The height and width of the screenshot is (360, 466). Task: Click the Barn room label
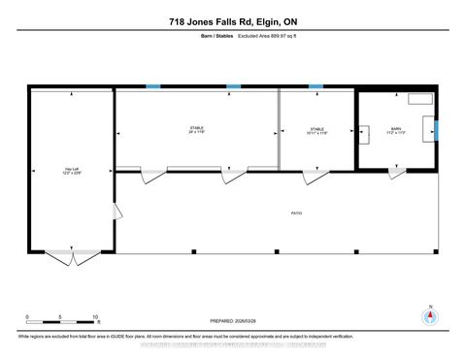395,129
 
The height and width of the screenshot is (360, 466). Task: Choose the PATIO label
295,213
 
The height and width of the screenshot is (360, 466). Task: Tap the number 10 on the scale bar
95,317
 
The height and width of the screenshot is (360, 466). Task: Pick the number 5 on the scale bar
61,317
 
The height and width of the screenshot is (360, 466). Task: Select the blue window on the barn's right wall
437,129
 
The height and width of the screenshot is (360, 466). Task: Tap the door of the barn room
394,173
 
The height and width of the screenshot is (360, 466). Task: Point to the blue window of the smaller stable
316,86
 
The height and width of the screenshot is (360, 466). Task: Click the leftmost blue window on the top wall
152,86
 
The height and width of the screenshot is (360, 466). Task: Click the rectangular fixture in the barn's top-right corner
420,97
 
